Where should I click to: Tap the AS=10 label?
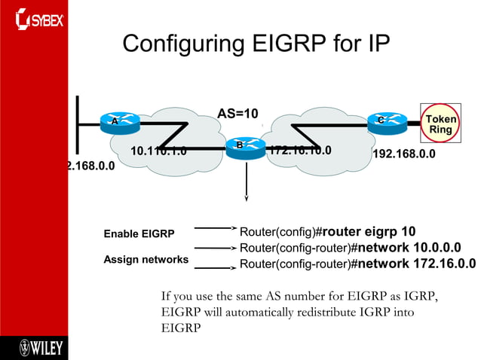tap(237, 114)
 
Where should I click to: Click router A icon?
tap(115, 121)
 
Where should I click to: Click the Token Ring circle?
tap(440, 124)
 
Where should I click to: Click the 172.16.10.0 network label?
tap(300, 150)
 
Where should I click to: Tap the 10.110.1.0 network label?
tap(158, 150)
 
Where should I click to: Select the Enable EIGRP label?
tap(139, 234)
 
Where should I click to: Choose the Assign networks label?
tap(146, 260)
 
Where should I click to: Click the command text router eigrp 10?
tap(368, 230)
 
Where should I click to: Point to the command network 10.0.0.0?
tap(409, 247)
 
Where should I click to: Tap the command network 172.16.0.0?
tap(415, 264)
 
